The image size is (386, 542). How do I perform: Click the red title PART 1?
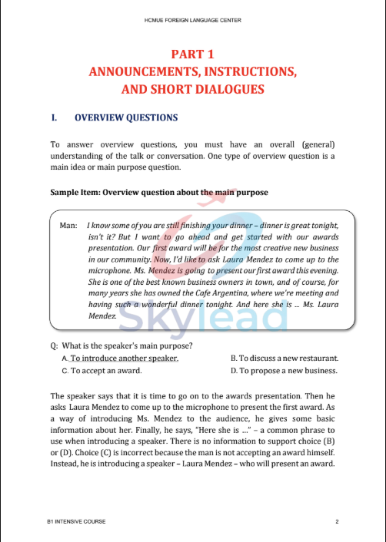click(x=192, y=54)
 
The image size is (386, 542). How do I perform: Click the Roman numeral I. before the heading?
click(x=54, y=118)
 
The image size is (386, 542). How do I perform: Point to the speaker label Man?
click(x=68, y=226)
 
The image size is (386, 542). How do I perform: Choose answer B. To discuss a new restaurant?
click(x=285, y=359)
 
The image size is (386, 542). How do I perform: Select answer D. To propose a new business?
click(x=284, y=371)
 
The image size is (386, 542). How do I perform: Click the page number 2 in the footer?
click(x=337, y=522)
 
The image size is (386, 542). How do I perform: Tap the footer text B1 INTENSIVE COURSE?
click(x=76, y=522)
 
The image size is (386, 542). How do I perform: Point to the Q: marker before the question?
click(x=54, y=346)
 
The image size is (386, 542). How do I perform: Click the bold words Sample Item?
click(x=75, y=192)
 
